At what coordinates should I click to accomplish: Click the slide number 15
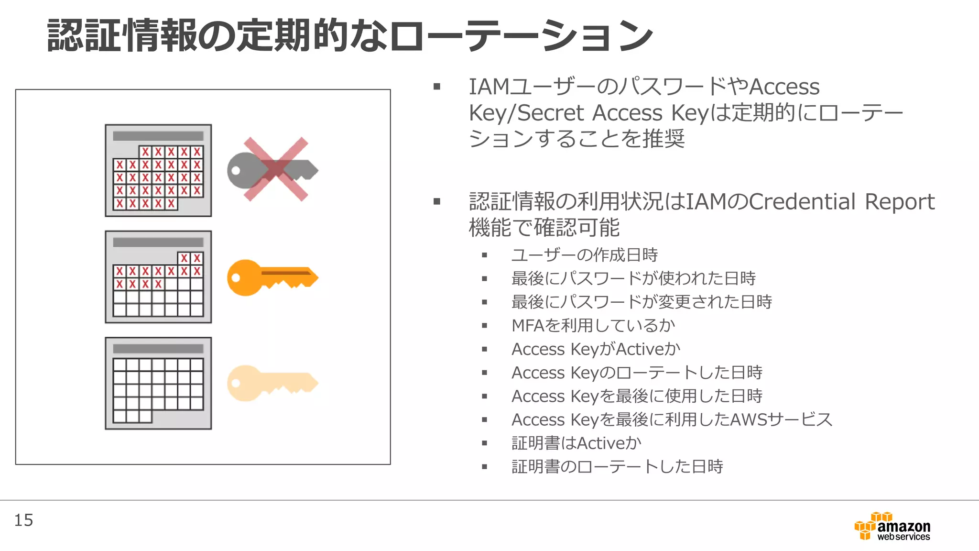23,520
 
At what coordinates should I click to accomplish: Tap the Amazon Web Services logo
892,527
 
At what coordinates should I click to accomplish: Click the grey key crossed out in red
272,170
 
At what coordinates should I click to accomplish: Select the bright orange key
272,277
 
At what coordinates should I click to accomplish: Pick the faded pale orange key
272,383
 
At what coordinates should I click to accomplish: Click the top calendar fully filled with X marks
158,171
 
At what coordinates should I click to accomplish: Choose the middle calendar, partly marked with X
158,277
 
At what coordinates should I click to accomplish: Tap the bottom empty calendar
158,383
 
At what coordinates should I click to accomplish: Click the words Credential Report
841,202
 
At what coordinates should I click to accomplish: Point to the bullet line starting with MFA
593,326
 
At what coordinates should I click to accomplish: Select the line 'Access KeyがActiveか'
596,349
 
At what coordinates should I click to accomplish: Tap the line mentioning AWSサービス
672,420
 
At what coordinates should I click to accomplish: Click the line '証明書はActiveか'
576,443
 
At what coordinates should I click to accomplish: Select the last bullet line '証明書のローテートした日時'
617,467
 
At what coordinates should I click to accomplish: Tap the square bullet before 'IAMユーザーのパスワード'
436,87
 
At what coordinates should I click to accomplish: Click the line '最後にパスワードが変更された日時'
642,302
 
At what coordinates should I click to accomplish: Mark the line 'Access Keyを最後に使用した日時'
637,397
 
